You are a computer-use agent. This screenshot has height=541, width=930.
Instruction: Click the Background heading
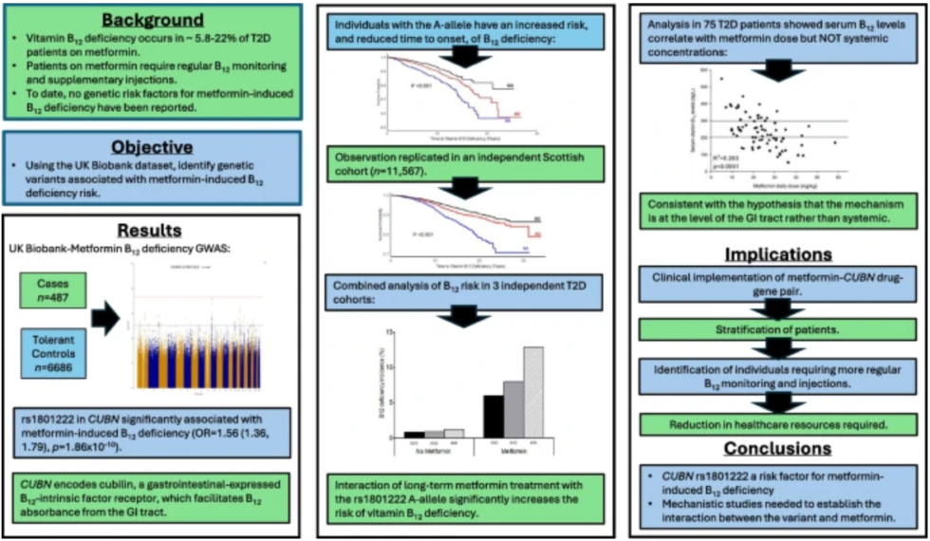pyautogui.click(x=153, y=20)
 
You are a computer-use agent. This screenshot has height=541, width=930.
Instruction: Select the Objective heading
pyautogui.click(x=153, y=147)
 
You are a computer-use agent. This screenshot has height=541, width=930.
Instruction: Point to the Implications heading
pyautogui.click(x=778, y=254)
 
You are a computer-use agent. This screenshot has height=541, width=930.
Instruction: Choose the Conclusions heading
pyautogui.click(x=778, y=447)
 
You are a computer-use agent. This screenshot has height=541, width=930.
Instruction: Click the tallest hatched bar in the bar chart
pyautogui.click(x=534, y=392)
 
